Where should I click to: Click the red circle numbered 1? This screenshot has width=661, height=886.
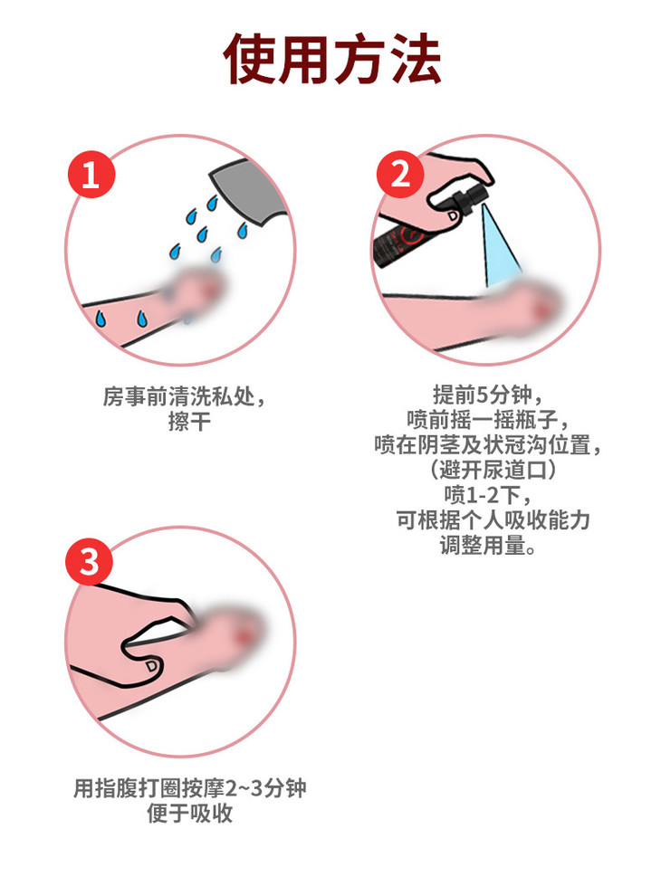91,174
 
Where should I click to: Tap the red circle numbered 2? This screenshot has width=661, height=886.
400,174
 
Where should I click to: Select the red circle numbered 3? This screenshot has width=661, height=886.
89,562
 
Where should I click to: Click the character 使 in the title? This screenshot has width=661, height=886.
250,59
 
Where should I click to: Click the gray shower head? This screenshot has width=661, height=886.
248,192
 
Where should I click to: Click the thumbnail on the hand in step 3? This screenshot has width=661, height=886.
151,667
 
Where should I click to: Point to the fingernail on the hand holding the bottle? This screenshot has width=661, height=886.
453,215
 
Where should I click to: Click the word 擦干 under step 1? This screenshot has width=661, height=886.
189,422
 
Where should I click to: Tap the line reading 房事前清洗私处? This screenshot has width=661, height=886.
178,396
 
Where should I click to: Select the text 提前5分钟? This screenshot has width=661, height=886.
483,395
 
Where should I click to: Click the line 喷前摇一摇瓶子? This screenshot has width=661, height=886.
483,420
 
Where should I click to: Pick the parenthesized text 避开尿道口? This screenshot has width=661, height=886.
492,470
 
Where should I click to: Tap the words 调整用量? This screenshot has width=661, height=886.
483,546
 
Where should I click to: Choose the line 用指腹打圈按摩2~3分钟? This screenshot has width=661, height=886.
190,789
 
